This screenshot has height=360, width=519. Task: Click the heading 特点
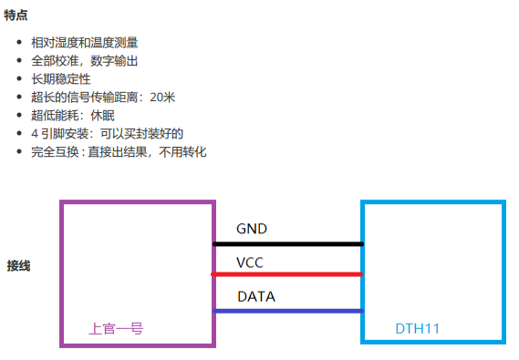click(x=16, y=15)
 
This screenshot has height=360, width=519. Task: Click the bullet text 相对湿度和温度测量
click(x=84, y=43)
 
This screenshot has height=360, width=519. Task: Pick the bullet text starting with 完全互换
click(x=119, y=152)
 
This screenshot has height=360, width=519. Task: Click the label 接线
click(x=19, y=266)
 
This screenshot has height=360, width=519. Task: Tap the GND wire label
click(x=252, y=228)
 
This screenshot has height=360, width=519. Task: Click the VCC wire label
click(x=251, y=262)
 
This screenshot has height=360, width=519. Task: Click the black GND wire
click(x=287, y=244)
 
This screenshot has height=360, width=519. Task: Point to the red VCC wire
click(x=287, y=274)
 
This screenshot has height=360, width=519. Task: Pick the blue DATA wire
click(x=287, y=311)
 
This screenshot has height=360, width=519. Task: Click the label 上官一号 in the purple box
click(x=115, y=328)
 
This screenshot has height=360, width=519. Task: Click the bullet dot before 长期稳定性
click(x=21, y=80)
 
